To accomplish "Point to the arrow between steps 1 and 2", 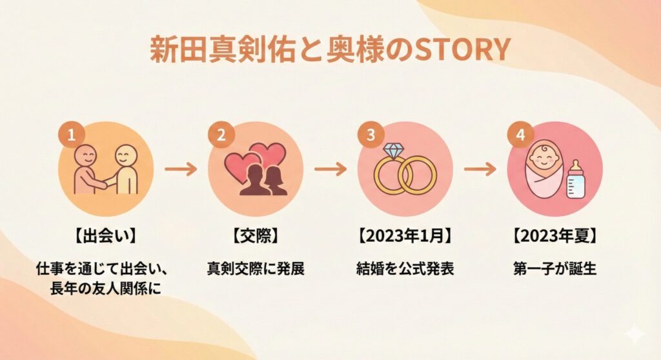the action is (x=181, y=170).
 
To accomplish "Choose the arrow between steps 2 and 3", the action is (x=330, y=170).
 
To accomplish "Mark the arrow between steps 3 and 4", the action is (x=480, y=170).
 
